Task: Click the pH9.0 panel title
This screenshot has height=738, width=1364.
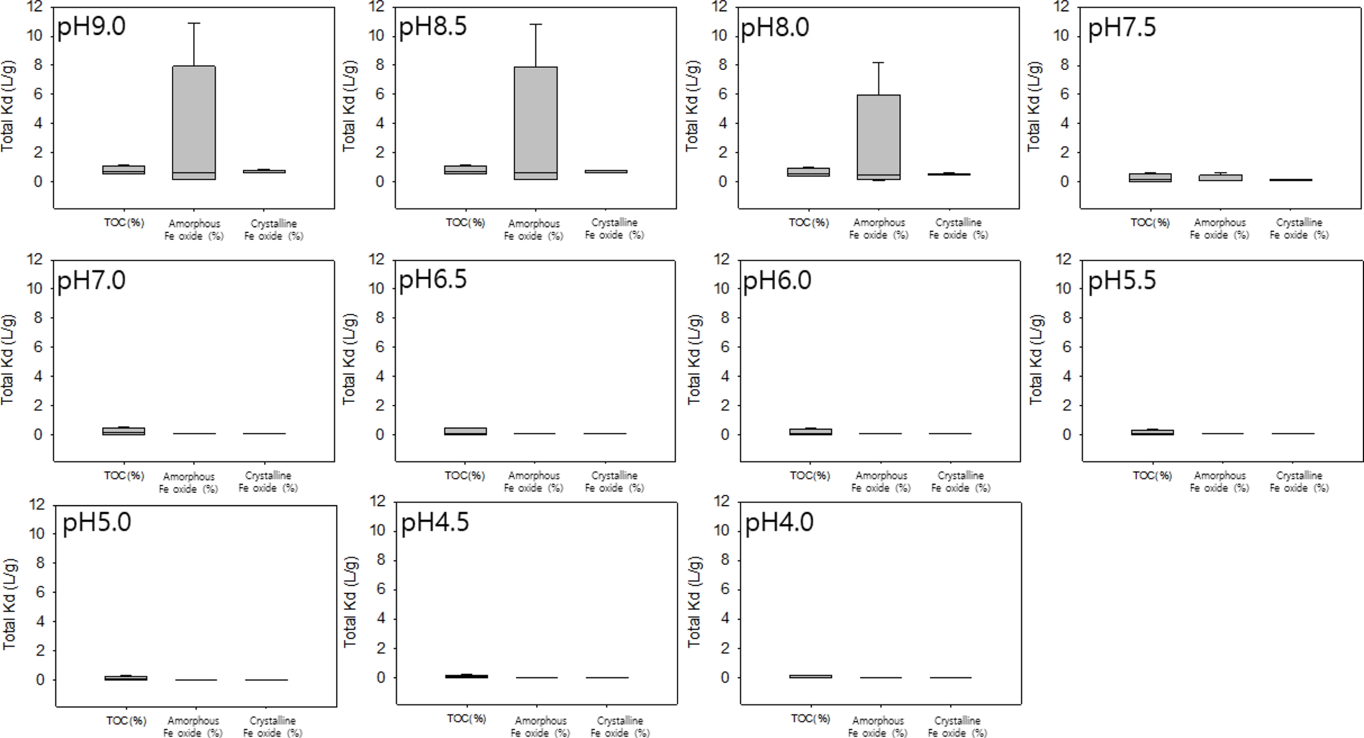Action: pos(91,26)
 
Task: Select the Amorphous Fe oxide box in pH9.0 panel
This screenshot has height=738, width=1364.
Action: pos(194,122)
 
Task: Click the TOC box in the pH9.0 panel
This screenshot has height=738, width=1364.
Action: pos(123,170)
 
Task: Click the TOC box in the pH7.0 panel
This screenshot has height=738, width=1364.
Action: pos(123,431)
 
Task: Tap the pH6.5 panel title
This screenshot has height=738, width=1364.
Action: pos(432,280)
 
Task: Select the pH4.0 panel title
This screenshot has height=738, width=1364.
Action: pos(779,523)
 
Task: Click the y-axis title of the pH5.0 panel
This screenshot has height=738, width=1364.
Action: pos(9,604)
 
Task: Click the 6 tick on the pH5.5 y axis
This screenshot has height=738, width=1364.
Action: pos(1066,347)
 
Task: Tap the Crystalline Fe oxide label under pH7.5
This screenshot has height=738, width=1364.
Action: pos(1299,228)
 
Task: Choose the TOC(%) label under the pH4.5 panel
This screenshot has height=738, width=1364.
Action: pos(466,719)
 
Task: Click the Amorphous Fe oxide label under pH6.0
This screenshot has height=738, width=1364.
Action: pos(881,481)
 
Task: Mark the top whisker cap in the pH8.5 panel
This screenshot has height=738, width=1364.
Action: pos(535,24)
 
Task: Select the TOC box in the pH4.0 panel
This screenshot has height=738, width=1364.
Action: pos(810,676)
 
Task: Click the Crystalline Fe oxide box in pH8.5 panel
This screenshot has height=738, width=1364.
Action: pos(606,171)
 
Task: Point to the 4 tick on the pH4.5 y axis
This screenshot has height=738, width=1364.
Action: pos(381,618)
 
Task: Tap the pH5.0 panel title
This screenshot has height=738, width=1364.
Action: pos(97,523)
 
